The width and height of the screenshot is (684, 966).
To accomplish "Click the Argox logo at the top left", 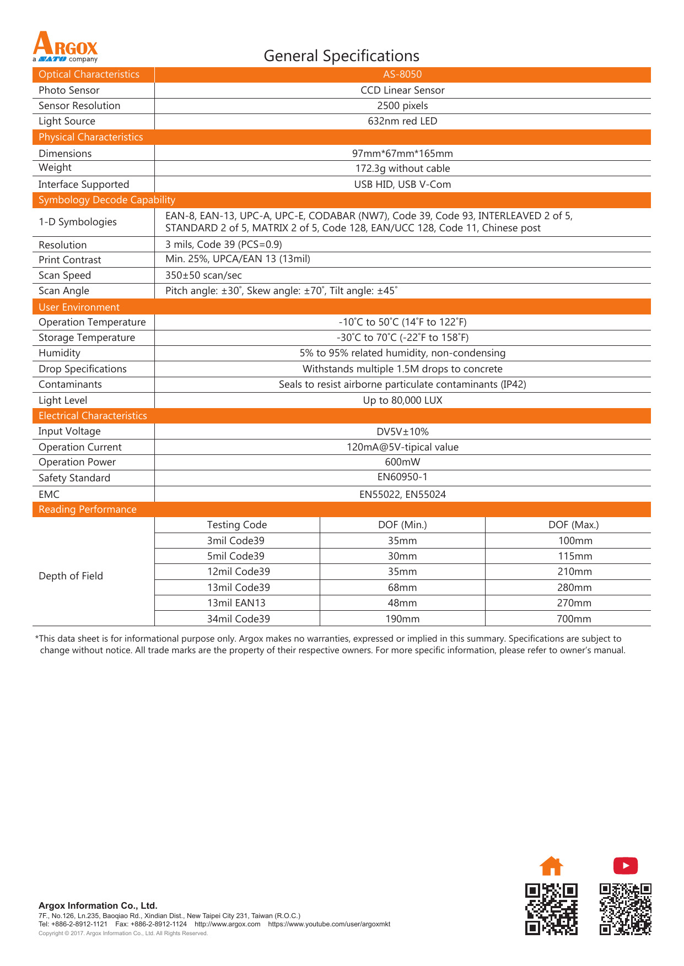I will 65,47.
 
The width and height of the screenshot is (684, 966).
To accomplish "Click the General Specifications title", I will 341,56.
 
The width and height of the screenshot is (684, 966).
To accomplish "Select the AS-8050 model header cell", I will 402,74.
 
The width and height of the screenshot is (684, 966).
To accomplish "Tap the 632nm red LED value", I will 402,121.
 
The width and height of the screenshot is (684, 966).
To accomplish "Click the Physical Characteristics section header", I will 90,137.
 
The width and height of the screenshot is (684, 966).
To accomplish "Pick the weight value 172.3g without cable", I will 402,169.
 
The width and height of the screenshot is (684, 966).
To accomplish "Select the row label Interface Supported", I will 84,184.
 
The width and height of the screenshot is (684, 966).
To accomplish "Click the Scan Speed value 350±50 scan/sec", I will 203,275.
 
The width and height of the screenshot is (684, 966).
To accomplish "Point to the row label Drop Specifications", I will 83,369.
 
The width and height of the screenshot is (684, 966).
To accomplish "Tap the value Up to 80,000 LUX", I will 402,400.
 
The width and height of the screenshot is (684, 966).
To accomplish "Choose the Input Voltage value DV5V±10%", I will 402,432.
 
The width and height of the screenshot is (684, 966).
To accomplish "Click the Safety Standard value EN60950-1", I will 402,477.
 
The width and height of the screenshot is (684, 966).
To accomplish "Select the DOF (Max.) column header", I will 573,525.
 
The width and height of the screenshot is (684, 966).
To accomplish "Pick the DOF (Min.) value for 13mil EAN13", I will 402,603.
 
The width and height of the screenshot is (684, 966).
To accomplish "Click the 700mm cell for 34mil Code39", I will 574,619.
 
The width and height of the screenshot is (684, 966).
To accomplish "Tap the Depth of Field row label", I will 71,576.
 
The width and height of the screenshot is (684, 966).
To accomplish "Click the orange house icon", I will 551,866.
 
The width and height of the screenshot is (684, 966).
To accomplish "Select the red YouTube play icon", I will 626,866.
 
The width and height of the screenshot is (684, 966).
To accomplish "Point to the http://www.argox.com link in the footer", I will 227,924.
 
